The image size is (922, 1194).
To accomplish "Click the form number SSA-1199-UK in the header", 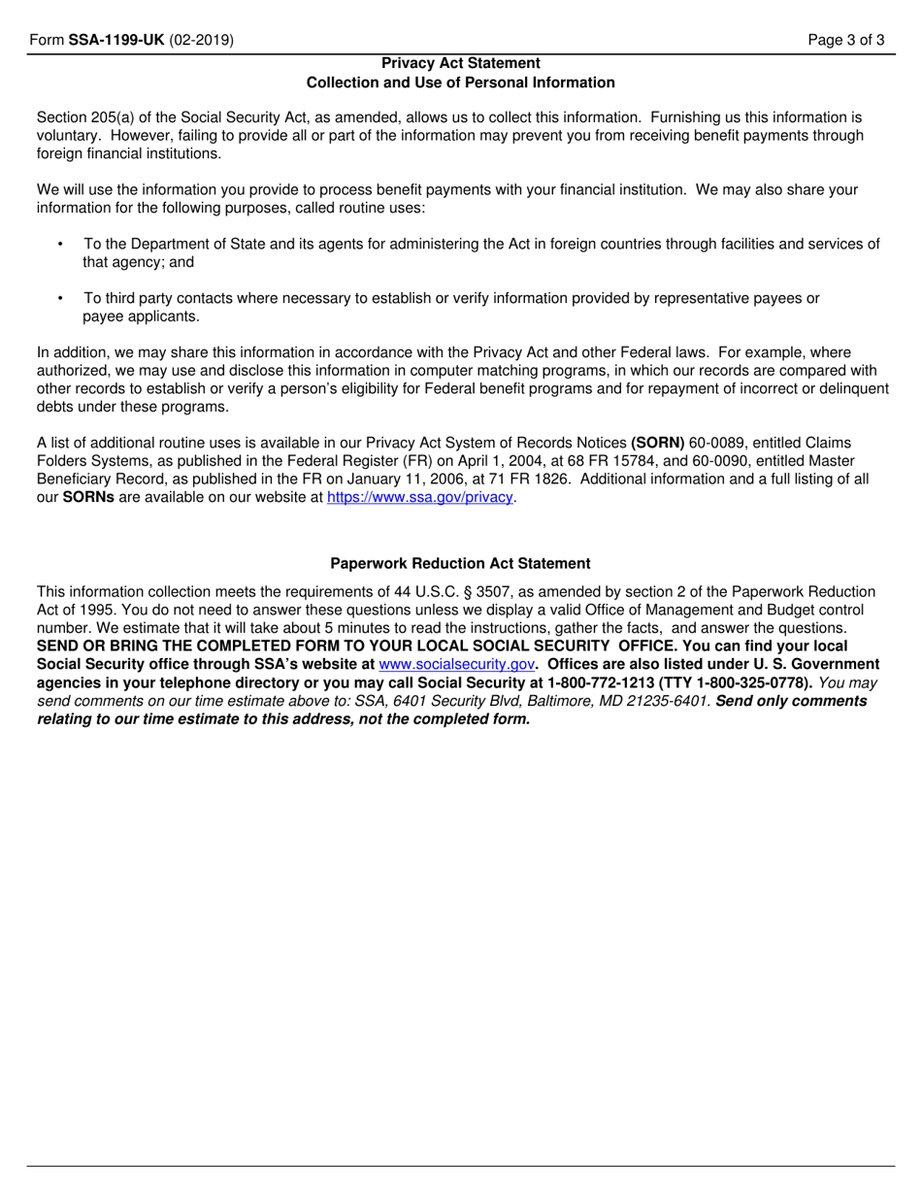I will [x=116, y=41].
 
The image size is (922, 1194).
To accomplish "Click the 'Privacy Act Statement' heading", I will [x=461, y=64].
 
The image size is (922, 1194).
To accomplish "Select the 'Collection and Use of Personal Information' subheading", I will [x=461, y=83].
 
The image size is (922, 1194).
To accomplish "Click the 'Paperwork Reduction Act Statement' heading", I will [x=460, y=563].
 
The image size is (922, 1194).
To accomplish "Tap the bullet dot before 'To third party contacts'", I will [x=60, y=299].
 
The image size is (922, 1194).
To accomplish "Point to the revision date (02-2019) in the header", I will [x=199, y=41].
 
